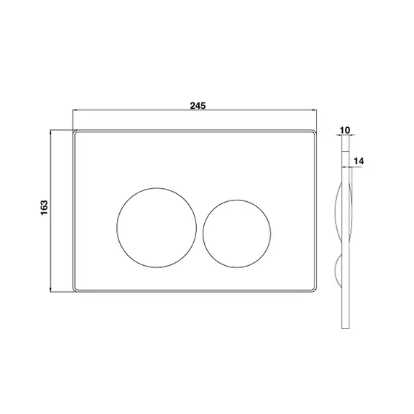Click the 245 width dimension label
coord(198,106)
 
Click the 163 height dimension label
coord(44,208)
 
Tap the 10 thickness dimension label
coord(344,130)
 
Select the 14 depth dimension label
coord(359,161)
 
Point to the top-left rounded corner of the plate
coord(74,131)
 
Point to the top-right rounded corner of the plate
coord(315,131)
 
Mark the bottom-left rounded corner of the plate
coord(74,291)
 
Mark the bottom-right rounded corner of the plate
coord(315,291)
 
